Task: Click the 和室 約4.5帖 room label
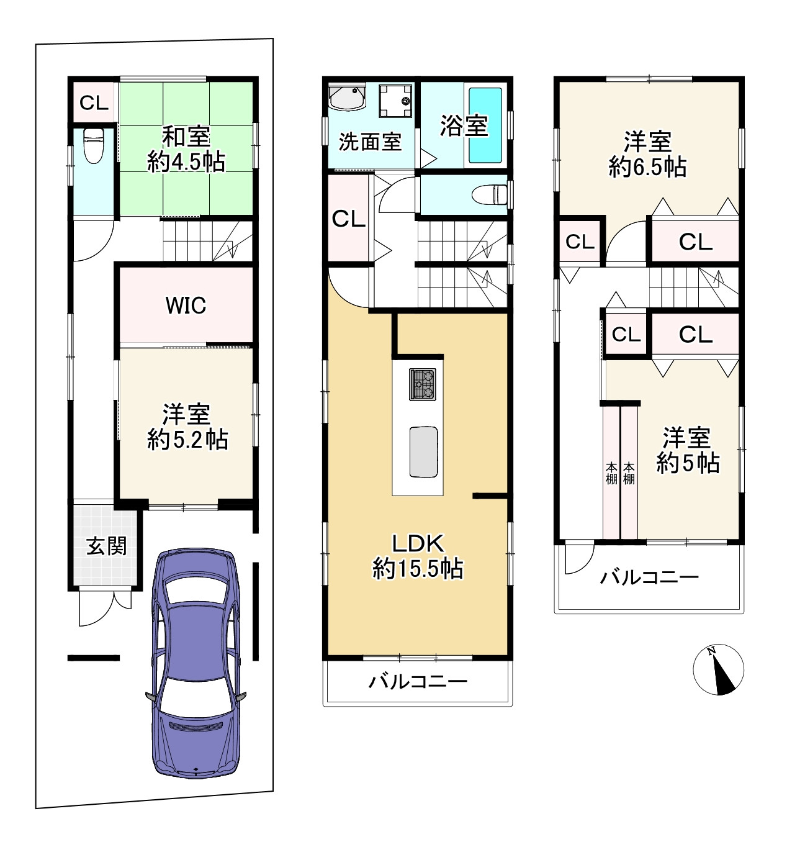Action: click(186, 150)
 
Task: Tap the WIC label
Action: click(186, 306)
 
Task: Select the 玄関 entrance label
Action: click(107, 546)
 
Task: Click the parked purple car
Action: click(196, 664)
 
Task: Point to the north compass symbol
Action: click(718, 669)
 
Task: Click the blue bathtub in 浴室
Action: click(485, 125)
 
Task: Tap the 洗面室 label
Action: click(370, 142)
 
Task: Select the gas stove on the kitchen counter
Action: click(423, 384)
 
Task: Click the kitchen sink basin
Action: click(424, 451)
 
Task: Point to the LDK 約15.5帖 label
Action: click(418, 556)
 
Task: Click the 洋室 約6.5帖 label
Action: click(647, 154)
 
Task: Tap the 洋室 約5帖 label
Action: click(688, 450)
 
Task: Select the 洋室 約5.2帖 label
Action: click(187, 427)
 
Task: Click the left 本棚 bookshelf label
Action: click(611, 473)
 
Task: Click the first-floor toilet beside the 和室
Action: click(93, 145)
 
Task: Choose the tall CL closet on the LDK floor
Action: click(348, 219)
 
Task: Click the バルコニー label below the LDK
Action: click(418, 682)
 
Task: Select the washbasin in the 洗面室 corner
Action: click(348, 97)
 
